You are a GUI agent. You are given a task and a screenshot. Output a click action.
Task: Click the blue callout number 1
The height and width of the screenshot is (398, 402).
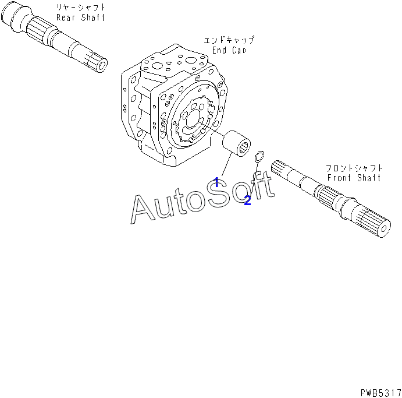[x=216, y=182]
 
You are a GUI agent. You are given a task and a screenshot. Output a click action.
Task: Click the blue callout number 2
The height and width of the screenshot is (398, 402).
[x=247, y=200]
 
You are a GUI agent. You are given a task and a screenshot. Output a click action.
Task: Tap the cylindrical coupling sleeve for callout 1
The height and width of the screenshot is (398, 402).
[x=236, y=143]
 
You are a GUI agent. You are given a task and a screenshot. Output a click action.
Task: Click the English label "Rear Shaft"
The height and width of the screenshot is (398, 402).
[x=80, y=17]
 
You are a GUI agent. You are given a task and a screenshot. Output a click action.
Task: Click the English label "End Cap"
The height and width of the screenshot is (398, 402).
[x=229, y=50]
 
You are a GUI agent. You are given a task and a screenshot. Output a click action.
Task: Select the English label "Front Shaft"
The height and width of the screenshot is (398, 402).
[x=354, y=177]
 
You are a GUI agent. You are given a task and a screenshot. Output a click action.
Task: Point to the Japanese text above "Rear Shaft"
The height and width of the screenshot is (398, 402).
[x=81, y=7]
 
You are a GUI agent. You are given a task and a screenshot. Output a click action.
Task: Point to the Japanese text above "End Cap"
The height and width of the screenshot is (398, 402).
[x=229, y=40]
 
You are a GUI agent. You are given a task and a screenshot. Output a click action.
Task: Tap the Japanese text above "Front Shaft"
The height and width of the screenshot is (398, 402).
[x=354, y=168]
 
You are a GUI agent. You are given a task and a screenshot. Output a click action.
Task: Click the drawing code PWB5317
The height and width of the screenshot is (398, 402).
[x=380, y=393]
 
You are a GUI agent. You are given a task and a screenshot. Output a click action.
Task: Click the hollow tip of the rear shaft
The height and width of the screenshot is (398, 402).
[x=103, y=65]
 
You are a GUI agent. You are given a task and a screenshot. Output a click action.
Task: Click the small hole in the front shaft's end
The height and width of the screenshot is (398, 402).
[x=384, y=229]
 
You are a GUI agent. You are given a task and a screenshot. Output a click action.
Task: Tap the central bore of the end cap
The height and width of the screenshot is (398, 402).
[x=193, y=119]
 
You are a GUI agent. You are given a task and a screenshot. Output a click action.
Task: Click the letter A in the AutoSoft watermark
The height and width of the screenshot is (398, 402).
[x=143, y=209]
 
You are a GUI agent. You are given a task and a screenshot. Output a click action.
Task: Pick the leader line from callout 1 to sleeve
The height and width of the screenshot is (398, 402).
[x=227, y=164]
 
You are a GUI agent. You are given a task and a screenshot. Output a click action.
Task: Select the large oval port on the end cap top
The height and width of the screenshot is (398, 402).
[x=191, y=61]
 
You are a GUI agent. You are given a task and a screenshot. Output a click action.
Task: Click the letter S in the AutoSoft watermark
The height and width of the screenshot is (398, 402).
[x=218, y=192]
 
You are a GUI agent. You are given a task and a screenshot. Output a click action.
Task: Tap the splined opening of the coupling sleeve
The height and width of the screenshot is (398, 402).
[x=245, y=149]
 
